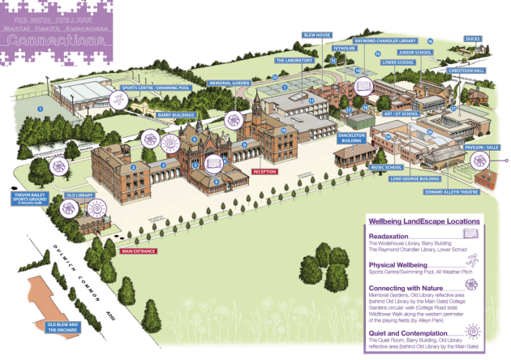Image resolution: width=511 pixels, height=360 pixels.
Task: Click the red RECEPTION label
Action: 265,172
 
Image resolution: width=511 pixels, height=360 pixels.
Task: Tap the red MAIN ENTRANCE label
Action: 139,251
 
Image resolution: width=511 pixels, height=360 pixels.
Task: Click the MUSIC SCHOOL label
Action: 387,167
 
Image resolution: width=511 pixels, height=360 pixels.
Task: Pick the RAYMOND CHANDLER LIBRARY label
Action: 386,40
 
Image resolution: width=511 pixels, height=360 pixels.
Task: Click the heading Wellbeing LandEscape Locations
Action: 423,221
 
